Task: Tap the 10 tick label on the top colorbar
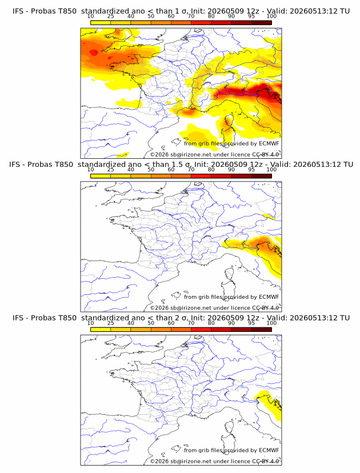click(90, 16)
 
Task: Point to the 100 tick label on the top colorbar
click(271, 16)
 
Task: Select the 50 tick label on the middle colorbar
click(151, 169)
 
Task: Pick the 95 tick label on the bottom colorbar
click(251, 323)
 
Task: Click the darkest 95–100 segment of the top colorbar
click(262, 23)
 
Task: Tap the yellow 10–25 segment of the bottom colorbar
click(101, 330)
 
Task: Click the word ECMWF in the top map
click(269, 143)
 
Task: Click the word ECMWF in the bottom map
click(269, 450)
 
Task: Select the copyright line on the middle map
click(214, 308)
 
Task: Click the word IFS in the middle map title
click(14, 165)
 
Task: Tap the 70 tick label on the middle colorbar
click(191, 169)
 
